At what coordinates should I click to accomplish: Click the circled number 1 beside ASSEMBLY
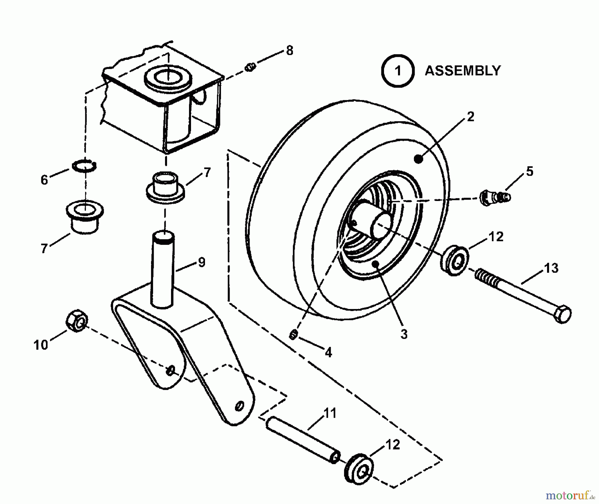398,71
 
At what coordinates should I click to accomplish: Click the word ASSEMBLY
463,71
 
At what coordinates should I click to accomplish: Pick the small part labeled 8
250,67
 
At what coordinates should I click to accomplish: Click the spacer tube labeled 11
301,439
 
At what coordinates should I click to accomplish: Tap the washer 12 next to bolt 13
455,260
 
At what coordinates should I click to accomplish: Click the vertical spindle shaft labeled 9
163,269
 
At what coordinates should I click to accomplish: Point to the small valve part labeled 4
293,335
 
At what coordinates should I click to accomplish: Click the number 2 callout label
470,117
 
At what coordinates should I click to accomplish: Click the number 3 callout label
404,334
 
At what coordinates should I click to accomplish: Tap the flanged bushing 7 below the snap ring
85,216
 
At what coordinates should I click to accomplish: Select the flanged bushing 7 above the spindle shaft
165,188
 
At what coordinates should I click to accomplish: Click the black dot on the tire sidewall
418,159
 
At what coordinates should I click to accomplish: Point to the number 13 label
551,268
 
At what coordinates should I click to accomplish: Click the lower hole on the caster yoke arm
239,406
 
